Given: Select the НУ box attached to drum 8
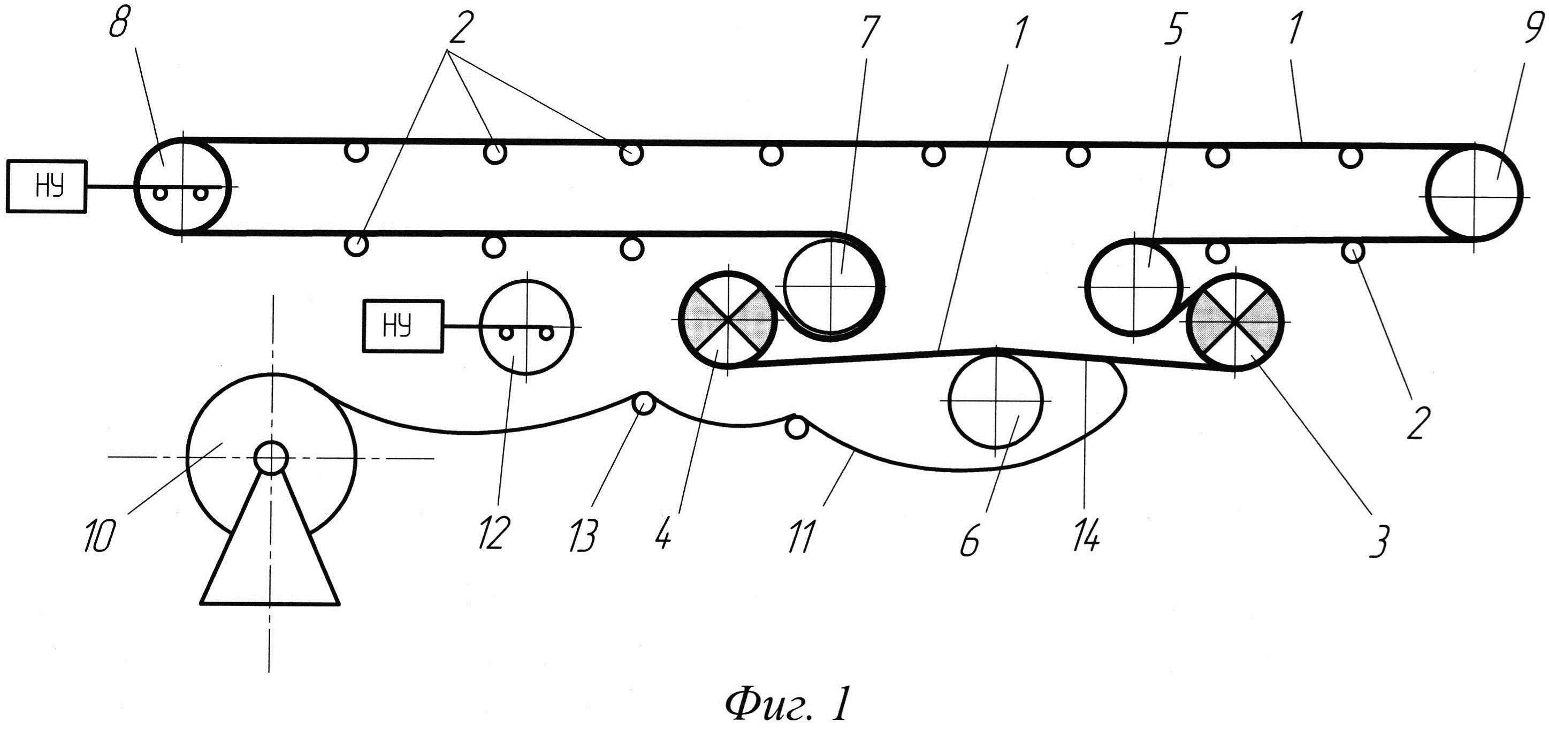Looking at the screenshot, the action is point(47,186).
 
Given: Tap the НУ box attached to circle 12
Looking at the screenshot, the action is point(402,325).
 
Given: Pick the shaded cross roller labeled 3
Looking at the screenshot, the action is point(1235,322).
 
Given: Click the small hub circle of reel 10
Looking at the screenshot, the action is point(271,458).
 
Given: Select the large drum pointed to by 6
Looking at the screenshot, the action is point(996,400).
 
